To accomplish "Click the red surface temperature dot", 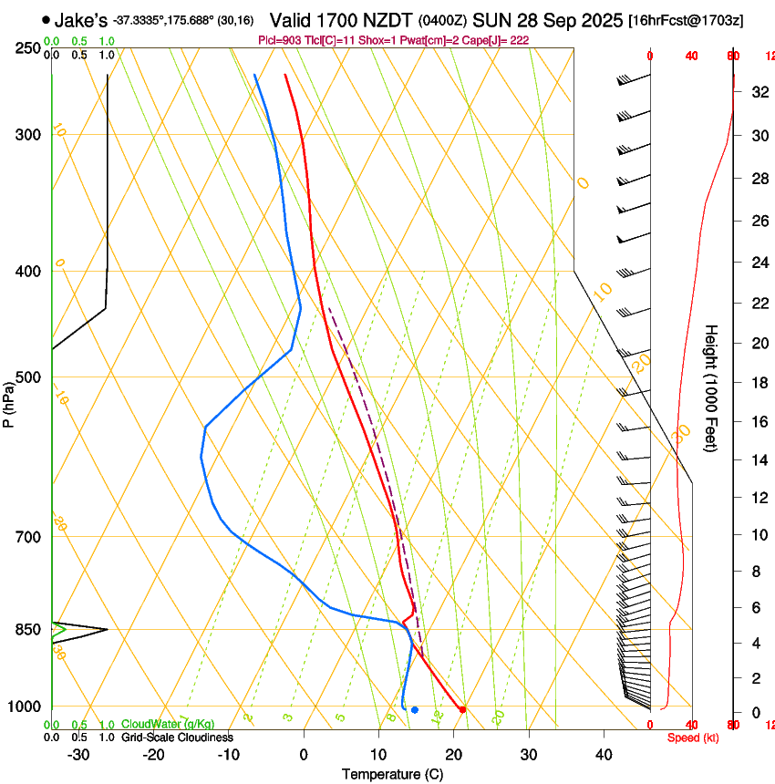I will point(463,709).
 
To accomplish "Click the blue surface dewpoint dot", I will point(414,709).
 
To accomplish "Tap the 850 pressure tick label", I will point(29,630).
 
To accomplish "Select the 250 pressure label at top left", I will point(29,48).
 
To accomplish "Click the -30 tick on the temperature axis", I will point(78,755).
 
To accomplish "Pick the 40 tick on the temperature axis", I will point(603,755).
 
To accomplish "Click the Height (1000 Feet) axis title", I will point(711,388).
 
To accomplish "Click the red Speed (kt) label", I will point(693,738).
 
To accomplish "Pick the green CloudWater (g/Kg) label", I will point(168,725).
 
